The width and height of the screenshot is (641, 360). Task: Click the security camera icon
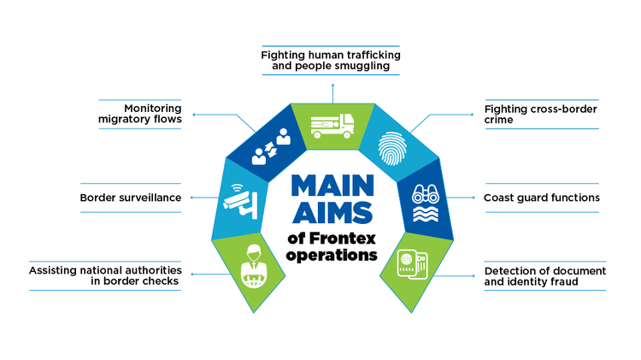pos(238,200)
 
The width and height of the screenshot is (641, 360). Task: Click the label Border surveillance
pos(131,198)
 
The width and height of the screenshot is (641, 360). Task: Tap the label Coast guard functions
pos(541,198)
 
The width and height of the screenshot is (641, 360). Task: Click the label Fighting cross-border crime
pos(541,115)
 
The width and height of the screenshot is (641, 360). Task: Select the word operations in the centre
pos(331,255)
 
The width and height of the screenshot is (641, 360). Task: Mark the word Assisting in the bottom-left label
pos(56,269)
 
